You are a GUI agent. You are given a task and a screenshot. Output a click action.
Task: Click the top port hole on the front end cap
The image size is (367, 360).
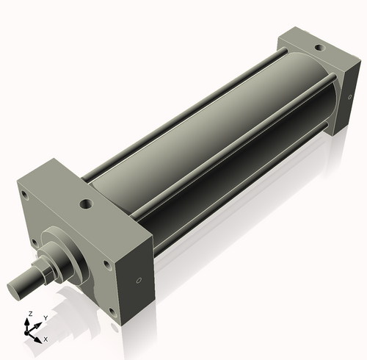point(87,203)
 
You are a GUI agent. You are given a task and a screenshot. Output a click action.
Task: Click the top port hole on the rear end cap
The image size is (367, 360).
point(319,48)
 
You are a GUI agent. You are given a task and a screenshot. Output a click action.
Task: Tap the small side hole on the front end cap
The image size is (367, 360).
point(139,279)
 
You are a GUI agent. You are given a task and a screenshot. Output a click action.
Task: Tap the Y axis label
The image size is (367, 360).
point(46,317)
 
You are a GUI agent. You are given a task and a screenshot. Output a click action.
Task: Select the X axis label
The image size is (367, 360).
point(46,339)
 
